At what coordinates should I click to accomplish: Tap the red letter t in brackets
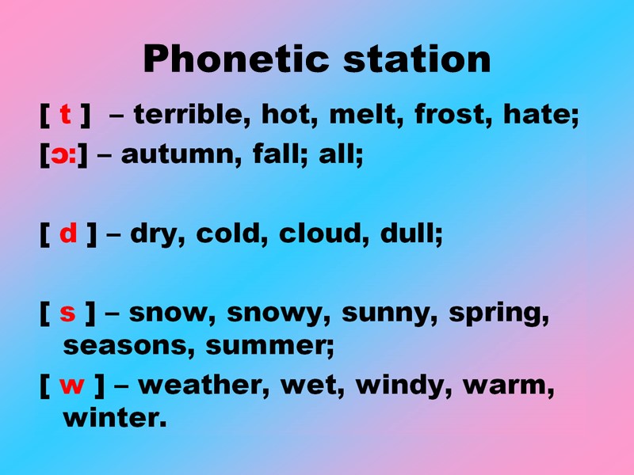coord(65,116)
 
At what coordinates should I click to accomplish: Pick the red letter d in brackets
coord(69,234)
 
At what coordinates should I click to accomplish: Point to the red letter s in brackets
coord(68,313)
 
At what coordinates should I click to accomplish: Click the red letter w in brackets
coord(72,386)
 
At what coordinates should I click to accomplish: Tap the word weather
coord(203,386)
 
